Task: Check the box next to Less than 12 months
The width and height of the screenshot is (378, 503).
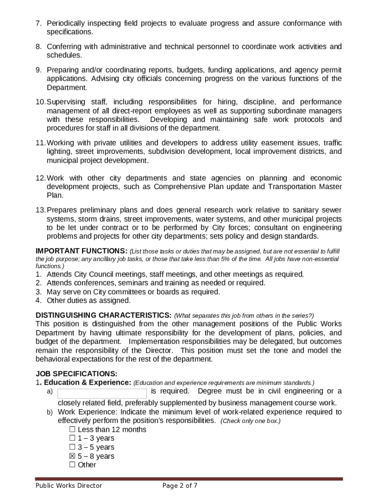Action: (72, 430)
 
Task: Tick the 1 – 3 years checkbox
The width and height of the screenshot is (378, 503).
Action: (72, 439)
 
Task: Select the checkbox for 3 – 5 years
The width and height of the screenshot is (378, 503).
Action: (72, 447)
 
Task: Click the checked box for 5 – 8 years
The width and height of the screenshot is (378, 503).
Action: (72, 456)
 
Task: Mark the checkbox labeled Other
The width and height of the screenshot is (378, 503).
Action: (72, 465)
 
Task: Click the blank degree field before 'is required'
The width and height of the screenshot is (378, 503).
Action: (102, 393)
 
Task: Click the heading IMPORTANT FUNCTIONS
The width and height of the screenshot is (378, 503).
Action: (81, 251)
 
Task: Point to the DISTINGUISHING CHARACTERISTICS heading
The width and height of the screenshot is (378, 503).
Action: (103, 315)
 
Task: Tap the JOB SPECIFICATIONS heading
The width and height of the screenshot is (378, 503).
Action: (77, 374)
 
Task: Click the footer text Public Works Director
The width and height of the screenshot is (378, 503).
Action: (69, 486)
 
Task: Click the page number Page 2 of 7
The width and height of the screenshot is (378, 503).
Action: (180, 486)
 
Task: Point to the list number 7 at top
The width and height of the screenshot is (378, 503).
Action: (38, 24)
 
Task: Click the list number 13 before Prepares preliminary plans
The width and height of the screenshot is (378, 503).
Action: (40, 210)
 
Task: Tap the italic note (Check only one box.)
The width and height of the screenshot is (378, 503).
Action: (250, 421)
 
